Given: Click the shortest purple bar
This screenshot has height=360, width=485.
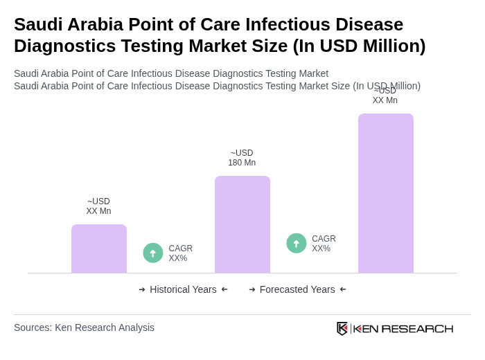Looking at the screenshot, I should (99, 249).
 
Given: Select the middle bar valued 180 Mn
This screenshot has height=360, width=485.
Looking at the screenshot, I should (242, 224).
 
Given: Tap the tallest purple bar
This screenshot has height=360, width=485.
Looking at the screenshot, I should (386, 193).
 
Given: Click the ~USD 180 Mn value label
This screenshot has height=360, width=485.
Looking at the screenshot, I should (242, 158).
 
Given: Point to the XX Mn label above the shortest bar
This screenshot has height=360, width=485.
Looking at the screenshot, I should (98, 206).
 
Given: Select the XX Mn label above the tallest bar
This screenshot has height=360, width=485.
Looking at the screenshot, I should (385, 96).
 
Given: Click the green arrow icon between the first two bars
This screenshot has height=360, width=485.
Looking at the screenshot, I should (153, 253).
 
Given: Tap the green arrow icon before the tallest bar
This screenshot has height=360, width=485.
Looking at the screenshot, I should (297, 243).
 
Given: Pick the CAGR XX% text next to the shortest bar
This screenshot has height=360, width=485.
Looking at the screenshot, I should (180, 253).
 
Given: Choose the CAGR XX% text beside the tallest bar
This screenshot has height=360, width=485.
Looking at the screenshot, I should (324, 244).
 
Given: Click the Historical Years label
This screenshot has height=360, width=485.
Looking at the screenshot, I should (183, 289).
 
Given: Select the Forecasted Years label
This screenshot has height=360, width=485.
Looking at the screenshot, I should (297, 289).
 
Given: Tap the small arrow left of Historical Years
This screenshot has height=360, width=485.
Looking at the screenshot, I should (142, 289).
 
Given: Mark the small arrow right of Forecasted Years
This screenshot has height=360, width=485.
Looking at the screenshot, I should (343, 289).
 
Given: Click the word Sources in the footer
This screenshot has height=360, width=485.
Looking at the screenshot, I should (32, 327).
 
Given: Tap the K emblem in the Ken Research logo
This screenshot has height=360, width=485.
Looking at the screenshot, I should (342, 328).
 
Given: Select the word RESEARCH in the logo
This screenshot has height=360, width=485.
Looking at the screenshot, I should (417, 328).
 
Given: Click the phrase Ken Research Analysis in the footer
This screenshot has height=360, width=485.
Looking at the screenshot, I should (105, 327).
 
